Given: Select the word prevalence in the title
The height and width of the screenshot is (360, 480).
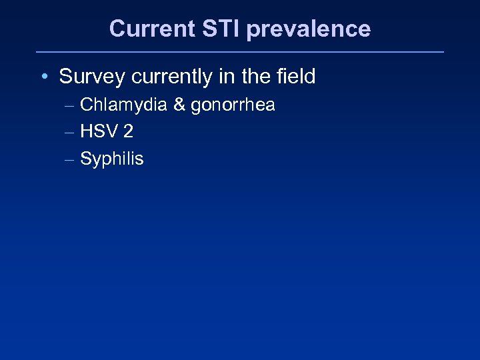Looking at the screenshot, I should click(309, 29).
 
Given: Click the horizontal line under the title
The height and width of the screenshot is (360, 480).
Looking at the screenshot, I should click(239, 51).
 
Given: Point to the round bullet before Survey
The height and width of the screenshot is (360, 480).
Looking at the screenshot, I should click(43, 77).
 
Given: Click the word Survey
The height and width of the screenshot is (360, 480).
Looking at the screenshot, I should click(92, 77).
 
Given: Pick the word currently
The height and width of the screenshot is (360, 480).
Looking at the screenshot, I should click(171, 77).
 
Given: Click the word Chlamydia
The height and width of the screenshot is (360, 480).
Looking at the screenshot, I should click(123, 105).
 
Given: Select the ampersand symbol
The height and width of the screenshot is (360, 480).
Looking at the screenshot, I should click(179, 105).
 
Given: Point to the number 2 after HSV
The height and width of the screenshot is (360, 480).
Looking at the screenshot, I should click(127, 132).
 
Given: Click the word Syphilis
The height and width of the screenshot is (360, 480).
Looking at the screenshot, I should click(112, 159).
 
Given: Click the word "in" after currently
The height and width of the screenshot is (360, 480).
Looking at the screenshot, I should click(226, 77).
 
